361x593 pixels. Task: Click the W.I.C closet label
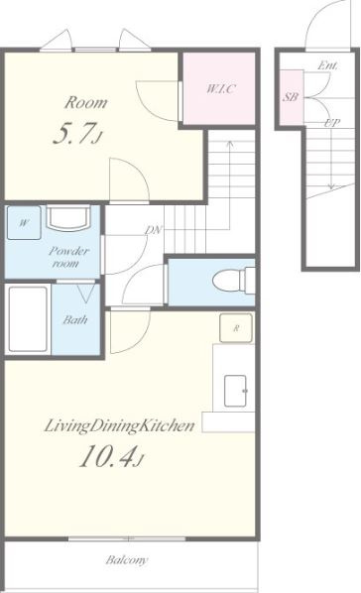(x=221, y=88)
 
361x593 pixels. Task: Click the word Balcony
(x=127, y=559)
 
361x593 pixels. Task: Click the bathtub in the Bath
(x=28, y=319)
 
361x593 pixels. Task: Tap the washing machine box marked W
(x=24, y=223)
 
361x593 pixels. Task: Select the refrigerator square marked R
(x=236, y=328)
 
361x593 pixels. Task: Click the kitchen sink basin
(x=235, y=391)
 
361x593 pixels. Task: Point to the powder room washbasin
(x=68, y=218)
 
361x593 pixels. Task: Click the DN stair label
(x=154, y=229)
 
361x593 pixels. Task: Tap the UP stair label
(x=332, y=123)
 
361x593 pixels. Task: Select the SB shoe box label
(x=291, y=97)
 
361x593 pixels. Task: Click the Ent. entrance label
(x=327, y=65)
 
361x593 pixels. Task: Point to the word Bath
(x=75, y=320)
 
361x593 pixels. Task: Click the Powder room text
(x=68, y=257)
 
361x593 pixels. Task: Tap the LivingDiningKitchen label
(x=120, y=425)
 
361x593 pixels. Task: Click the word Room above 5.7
(x=85, y=102)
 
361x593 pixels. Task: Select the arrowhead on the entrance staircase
(x=331, y=186)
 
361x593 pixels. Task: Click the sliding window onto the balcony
(x=127, y=538)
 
